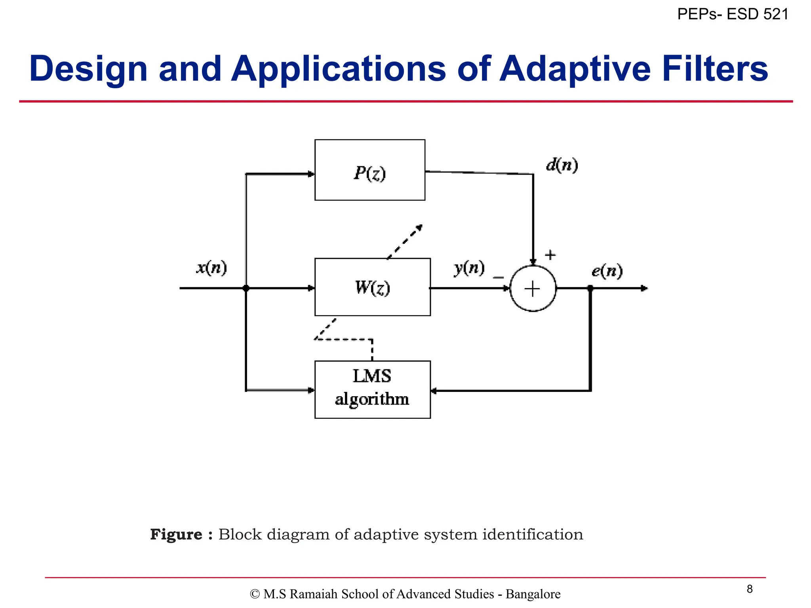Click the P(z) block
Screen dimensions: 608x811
(x=369, y=170)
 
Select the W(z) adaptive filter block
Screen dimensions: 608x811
(x=372, y=287)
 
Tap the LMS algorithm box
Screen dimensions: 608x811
(x=372, y=389)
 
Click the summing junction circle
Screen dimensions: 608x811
(x=533, y=289)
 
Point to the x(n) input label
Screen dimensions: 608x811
(x=211, y=268)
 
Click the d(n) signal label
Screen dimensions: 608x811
(x=562, y=165)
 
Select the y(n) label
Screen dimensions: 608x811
(x=469, y=268)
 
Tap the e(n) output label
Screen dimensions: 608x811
(x=607, y=271)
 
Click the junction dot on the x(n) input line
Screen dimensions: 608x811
(x=246, y=288)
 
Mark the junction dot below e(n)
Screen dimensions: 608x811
(x=590, y=288)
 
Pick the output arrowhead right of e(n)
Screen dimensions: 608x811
(x=644, y=288)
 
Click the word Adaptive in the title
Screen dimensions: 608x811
(x=575, y=68)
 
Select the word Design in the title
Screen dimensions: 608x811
(x=88, y=68)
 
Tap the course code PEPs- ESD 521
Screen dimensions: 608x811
(x=733, y=14)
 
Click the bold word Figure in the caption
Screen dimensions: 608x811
(x=176, y=534)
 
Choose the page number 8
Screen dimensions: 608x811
(x=749, y=589)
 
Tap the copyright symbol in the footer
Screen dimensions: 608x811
(x=255, y=594)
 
